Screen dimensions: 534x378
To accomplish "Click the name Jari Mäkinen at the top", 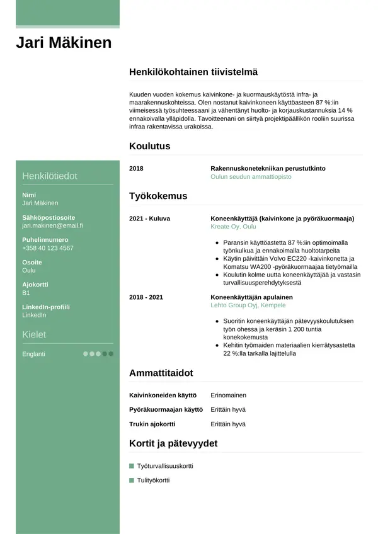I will click(x=64, y=43).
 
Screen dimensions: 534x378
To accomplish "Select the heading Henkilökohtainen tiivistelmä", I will click(x=193, y=72).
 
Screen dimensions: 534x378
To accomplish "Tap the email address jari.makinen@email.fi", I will click(x=52, y=225).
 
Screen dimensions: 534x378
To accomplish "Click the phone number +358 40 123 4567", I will click(x=47, y=248).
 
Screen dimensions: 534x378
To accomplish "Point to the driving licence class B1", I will click(x=26, y=293).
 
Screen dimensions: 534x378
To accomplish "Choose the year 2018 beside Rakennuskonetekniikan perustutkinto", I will click(x=136, y=169).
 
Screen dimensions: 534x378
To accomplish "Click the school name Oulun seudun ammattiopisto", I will click(x=251, y=178).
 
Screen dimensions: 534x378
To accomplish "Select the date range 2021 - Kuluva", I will click(x=149, y=219).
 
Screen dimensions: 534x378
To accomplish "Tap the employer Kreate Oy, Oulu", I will click(x=233, y=227).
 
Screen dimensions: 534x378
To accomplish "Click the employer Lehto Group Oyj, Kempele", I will click(x=248, y=305).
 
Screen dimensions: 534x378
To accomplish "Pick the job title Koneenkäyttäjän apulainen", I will click(x=252, y=297).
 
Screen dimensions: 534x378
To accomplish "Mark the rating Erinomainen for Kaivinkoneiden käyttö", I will click(x=228, y=395).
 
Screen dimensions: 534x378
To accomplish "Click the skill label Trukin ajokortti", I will click(x=152, y=424).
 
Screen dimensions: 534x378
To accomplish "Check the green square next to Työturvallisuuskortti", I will click(x=132, y=466).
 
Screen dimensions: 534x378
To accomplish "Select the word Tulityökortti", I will click(x=153, y=480).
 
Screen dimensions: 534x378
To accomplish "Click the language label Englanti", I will click(x=33, y=354).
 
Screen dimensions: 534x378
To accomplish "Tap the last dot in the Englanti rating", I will click(x=111, y=354).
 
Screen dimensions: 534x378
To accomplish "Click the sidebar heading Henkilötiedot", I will click(x=50, y=176).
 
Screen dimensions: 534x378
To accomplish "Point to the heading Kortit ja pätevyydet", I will click(x=173, y=443).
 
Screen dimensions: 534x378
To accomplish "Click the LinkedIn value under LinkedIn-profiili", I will click(x=34, y=315).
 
